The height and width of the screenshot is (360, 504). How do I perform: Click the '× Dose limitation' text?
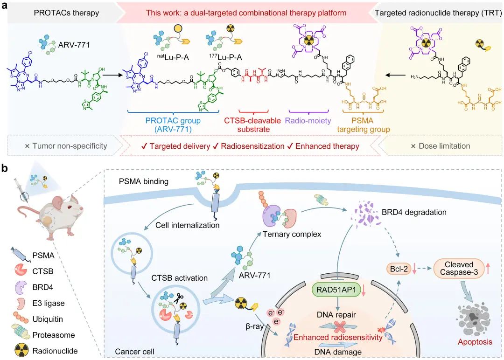(x=441, y=146)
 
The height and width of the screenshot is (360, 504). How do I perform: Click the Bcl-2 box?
(x=397, y=269)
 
